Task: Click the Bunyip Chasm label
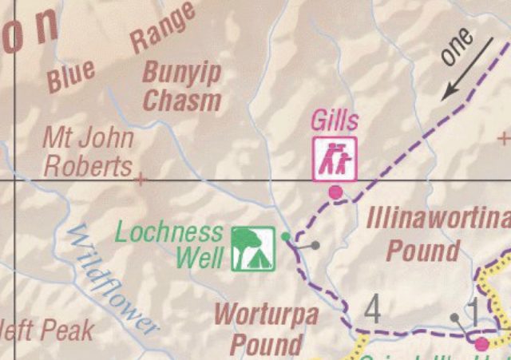(181, 86)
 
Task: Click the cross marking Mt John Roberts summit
(141, 179)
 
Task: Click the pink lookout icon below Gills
(335, 158)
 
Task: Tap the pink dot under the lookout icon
(335, 192)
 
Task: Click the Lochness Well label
(169, 245)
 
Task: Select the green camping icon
(253, 248)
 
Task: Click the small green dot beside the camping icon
(286, 235)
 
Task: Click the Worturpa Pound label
(266, 328)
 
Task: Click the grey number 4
(373, 310)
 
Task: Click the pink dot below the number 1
(481, 344)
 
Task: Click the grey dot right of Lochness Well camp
(315, 245)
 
